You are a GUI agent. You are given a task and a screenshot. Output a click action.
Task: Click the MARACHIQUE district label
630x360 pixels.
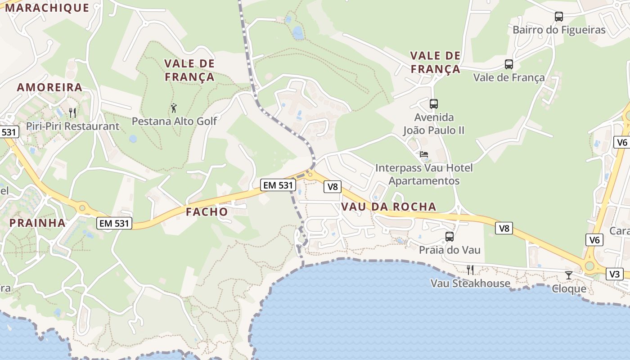pos(47,7)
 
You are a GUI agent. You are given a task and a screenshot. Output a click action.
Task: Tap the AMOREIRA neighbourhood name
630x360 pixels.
pos(49,87)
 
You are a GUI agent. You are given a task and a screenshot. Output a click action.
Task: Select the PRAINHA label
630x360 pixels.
pos(37,223)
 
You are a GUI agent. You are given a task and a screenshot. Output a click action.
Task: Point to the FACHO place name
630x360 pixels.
pos(207,211)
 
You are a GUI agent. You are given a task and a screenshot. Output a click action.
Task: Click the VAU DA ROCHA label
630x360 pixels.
pos(389,207)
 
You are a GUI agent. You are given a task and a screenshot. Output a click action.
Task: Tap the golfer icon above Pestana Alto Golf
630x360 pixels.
pos(174,108)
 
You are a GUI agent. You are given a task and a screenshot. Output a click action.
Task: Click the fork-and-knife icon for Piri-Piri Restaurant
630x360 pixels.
pos(72,112)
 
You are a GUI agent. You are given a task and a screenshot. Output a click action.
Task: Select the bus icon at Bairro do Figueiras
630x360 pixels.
pos(559,17)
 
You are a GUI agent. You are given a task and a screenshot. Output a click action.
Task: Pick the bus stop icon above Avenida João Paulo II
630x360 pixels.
pos(434,104)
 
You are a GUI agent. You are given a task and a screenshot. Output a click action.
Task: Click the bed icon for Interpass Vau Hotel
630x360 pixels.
pos(424,155)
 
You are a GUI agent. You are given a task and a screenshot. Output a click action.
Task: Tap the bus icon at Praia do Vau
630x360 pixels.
pos(449,237)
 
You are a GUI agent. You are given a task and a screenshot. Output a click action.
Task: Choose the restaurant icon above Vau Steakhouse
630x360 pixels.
pos(470,270)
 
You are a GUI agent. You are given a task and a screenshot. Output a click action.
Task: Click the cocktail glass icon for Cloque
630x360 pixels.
pos(569,275)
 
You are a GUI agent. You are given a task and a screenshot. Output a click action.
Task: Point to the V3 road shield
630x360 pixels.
pos(615,274)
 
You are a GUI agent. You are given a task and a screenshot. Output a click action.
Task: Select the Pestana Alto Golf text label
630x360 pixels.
pos(174,121)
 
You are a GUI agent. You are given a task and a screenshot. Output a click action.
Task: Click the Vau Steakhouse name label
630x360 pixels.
pos(470,283)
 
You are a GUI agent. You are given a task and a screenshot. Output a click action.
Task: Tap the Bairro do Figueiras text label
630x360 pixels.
pos(559,30)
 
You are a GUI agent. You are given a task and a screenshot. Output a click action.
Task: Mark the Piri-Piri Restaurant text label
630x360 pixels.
pos(72,126)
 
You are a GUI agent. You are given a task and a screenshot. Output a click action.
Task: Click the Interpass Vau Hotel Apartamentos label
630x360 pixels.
pos(424,174)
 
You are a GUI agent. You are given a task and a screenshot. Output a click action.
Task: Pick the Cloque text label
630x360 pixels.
pos(569,288)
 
